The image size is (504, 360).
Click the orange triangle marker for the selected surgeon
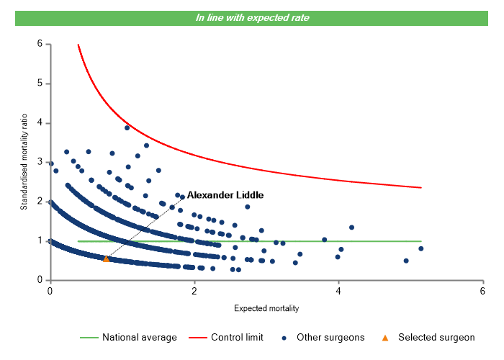[x=106, y=258]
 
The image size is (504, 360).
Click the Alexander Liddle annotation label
[x=225, y=195]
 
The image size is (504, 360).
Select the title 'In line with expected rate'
[x=252, y=17]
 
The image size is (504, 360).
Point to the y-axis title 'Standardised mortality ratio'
[x=24, y=161]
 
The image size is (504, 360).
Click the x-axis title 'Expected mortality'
[x=266, y=308]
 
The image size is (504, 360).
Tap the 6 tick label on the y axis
[x=40, y=44]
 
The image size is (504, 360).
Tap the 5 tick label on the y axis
[x=40, y=84]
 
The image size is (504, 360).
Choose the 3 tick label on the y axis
[x=40, y=162]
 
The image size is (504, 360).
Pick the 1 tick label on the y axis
[x=40, y=240]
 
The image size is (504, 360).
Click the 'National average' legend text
[x=139, y=337]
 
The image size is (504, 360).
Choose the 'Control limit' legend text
[x=237, y=337]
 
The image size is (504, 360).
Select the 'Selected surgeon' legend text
[x=436, y=337]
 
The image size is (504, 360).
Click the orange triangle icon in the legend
[x=385, y=337]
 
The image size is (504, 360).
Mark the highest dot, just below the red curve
[x=127, y=127]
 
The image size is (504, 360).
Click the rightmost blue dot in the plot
[x=420, y=248]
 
